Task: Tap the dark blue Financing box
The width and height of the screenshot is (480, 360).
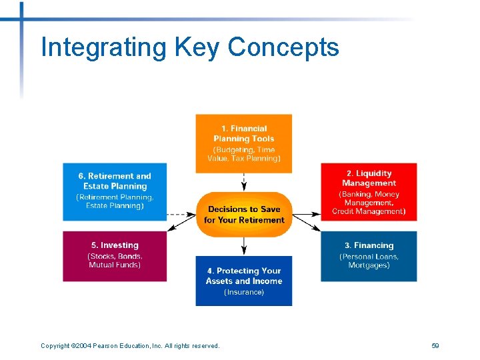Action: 369,256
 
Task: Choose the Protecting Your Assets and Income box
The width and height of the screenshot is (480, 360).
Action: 243,281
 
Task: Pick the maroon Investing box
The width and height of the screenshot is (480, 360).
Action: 115,256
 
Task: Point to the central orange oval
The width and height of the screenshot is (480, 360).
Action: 244,214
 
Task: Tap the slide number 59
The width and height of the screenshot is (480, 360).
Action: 435,345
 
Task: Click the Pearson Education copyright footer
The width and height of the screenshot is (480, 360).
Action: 130,345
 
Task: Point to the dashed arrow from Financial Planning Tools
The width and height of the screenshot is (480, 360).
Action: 244,182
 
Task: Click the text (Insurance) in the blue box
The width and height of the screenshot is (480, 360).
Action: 243,292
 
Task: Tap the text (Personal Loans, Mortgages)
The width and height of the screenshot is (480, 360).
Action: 369,261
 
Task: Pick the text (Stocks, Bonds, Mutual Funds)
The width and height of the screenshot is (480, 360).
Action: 115,261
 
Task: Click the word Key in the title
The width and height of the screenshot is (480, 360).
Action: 197,48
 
